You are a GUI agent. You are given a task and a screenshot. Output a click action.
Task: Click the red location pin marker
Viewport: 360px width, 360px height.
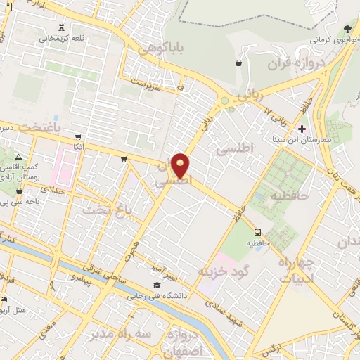click(x=181, y=165)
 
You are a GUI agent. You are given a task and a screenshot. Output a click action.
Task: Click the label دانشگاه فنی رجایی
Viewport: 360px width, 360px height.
click(x=156, y=296)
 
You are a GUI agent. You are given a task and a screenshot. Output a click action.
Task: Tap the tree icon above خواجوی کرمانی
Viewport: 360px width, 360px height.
click(x=347, y=29)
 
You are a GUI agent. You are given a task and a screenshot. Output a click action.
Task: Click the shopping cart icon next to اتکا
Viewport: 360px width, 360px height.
click(x=77, y=136)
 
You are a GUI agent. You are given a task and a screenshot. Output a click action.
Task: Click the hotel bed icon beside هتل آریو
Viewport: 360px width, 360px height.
click(x=4, y=300)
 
